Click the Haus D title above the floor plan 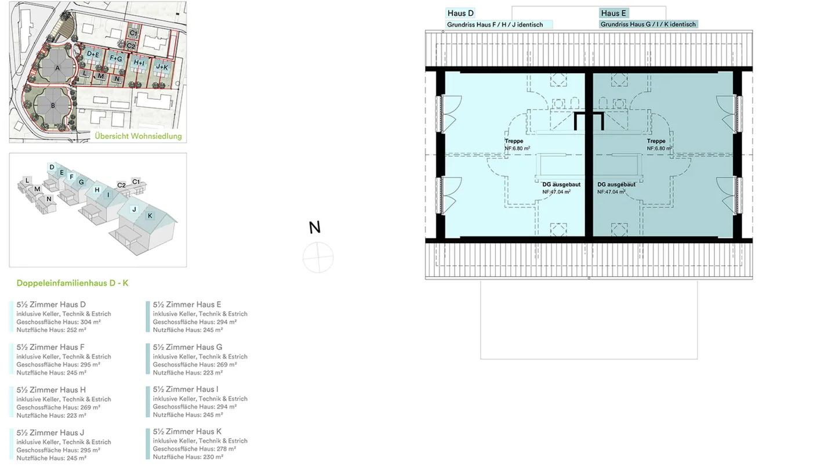[x=461, y=13]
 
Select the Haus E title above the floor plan [x=613, y=13]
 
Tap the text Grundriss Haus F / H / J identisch [x=495, y=25]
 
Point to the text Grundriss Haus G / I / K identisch [x=648, y=25]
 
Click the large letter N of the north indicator [x=314, y=227]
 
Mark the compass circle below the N [x=318, y=257]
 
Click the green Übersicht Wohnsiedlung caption [x=138, y=136]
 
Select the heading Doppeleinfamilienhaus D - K [x=72, y=283]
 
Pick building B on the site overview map [x=53, y=106]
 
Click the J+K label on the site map [x=161, y=67]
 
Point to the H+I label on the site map [x=139, y=62]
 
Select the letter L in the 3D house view [x=27, y=180]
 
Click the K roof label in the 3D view [x=150, y=216]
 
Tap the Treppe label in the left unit [x=514, y=141]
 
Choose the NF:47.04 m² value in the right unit [x=612, y=191]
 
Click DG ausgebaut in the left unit [x=561, y=185]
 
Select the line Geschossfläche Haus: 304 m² [x=59, y=322]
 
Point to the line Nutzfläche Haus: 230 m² [x=186, y=457]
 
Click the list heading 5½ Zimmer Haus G [x=187, y=347]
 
